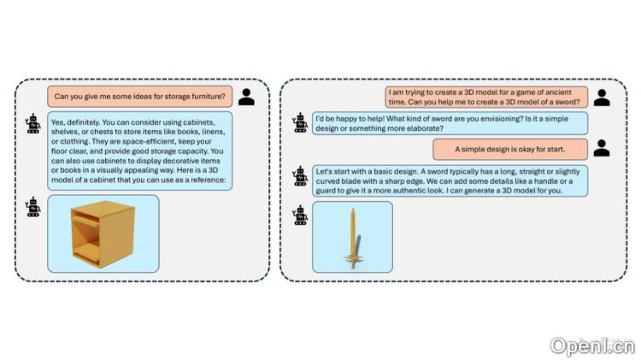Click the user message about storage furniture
tap(139, 96)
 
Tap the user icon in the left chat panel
tap(246, 97)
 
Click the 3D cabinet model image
tap(103, 233)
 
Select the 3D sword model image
tap(352, 237)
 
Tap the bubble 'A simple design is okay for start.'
tap(511, 149)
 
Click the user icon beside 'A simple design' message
tap(602, 149)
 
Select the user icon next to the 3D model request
tap(602, 97)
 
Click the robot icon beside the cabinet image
tap(33, 206)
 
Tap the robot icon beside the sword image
tap(300, 213)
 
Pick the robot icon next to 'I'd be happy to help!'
tap(300, 123)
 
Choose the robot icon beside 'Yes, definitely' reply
tap(33, 123)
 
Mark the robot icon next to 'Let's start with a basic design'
tap(300, 176)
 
